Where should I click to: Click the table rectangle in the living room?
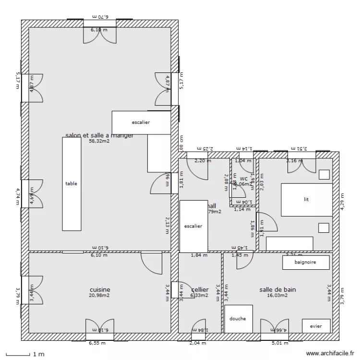71,183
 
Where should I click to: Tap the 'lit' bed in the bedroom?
306,199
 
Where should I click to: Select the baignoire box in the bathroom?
306,262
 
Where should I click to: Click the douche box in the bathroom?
238,318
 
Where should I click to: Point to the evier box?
316,326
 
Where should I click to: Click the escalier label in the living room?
141,122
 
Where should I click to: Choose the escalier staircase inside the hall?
193,226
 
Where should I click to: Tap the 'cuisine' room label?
100,289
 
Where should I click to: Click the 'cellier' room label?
200,289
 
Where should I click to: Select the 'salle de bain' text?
277,289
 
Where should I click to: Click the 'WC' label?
243,179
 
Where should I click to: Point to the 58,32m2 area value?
99,142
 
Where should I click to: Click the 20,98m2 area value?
99,296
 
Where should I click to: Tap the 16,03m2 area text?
277,296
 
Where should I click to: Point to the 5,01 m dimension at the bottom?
279,343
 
